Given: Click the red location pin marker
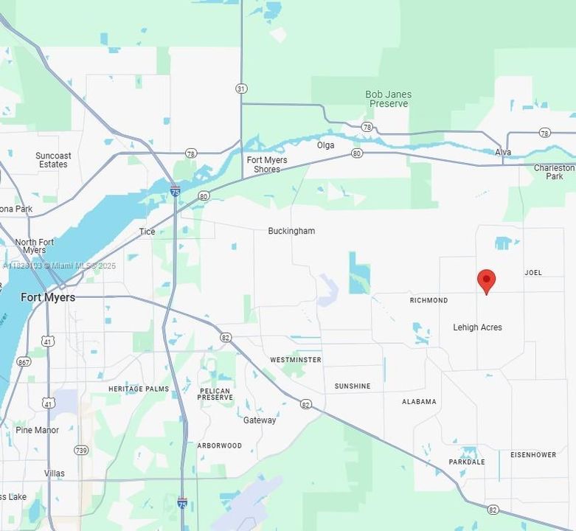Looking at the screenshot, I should click(486, 281).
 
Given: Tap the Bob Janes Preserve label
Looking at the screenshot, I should click(388, 99).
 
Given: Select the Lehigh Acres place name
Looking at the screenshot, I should click(477, 327).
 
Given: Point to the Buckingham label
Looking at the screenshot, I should click(291, 231).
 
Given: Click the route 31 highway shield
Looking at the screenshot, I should click(241, 88).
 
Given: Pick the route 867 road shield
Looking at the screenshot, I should click(24, 361).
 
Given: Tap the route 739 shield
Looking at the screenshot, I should click(81, 450).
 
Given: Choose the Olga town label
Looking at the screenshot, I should click(325, 145).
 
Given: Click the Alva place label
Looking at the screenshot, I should click(503, 153).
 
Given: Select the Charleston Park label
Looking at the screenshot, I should click(554, 172).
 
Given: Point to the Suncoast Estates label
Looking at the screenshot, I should click(53, 160).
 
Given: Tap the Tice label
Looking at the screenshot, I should click(148, 232).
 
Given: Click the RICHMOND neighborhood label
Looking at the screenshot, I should click(428, 300).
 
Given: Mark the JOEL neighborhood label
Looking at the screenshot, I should click(533, 273).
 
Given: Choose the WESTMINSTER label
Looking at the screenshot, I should click(295, 360).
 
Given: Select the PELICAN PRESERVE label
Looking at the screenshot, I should click(215, 395).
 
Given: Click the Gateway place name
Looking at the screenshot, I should click(260, 420).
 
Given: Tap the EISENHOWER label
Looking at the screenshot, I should click(533, 455).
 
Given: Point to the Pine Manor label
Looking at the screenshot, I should click(37, 430).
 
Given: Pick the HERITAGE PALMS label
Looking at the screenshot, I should click(138, 389).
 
